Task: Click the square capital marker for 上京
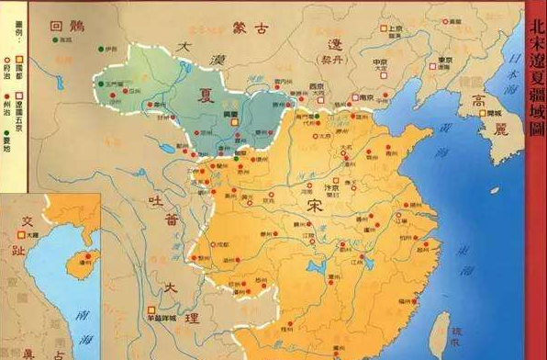[384, 28]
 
